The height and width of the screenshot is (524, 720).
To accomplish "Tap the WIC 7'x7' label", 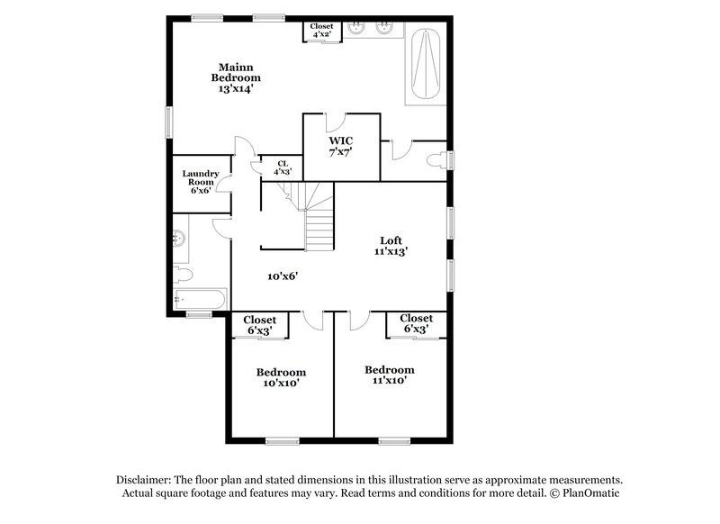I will (340, 147).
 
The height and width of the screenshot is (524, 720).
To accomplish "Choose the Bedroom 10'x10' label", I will (281, 377).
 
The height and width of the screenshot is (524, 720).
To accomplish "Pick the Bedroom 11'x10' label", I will (389, 375).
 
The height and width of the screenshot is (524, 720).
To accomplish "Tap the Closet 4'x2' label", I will (321, 31).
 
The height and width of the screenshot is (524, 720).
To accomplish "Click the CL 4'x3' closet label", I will (282, 167).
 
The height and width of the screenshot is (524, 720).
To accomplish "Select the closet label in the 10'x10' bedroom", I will (259, 324).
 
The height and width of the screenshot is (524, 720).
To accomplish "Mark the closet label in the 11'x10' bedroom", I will (416, 323).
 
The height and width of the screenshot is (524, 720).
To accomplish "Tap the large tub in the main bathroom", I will (424, 65).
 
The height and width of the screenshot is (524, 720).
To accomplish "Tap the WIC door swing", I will (335, 124).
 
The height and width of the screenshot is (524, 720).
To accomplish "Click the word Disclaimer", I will (142, 480).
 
